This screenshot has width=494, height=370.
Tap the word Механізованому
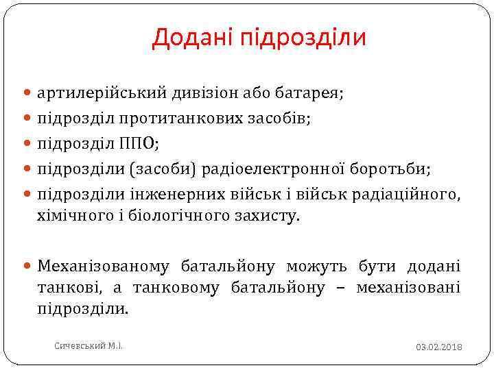[x=108, y=265]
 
